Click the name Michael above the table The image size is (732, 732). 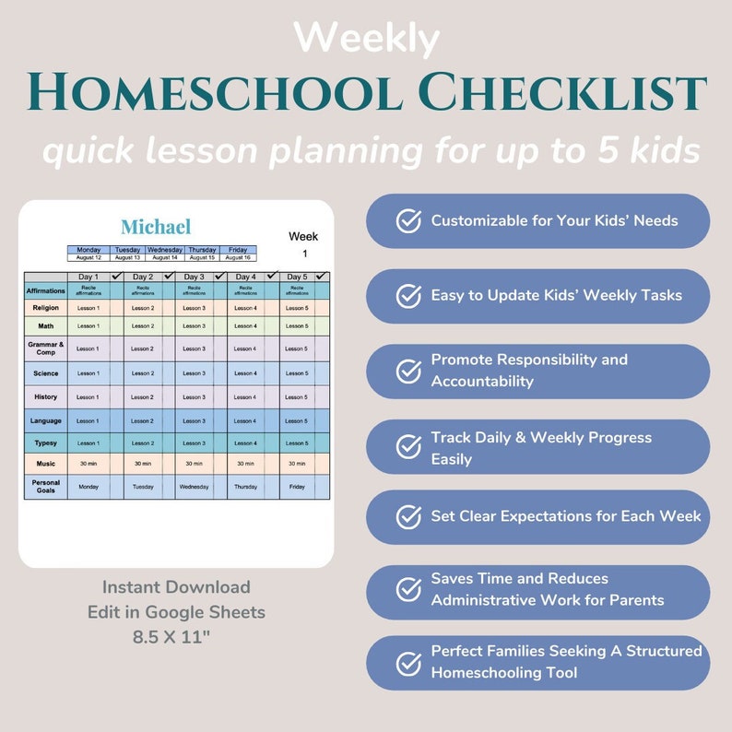(156, 227)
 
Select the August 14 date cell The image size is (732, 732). (165, 257)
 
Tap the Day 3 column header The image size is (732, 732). (194, 277)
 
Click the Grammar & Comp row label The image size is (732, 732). (45, 348)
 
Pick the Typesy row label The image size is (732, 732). (45, 443)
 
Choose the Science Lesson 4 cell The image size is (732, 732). (245, 373)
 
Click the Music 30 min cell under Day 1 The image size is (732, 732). (89, 464)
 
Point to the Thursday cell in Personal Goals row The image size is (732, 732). (245, 487)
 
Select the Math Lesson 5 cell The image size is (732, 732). (297, 325)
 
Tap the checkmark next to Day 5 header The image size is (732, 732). (321, 276)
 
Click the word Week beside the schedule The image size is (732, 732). (303, 237)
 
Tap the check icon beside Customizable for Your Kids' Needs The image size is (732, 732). (408, 221)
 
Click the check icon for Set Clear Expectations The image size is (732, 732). (408, 517)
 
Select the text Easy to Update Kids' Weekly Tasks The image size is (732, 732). (556, 296)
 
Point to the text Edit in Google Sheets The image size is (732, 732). (176, 611)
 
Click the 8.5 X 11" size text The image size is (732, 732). (175, 635)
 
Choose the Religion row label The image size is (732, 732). (45, 308)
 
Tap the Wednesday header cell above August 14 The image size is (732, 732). (165, 249)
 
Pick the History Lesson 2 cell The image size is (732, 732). (141, 397)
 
